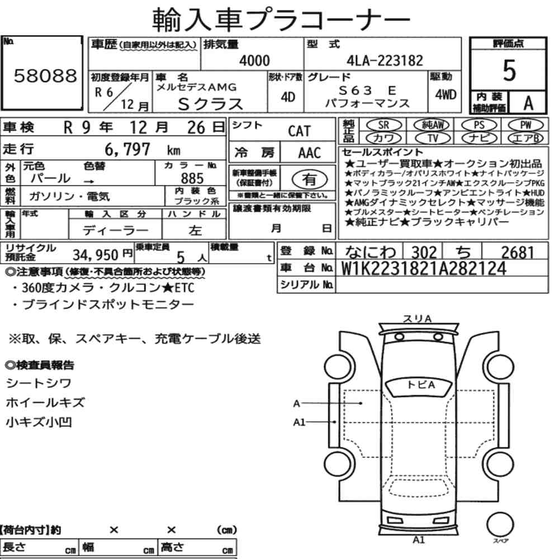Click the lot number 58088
tap(45, 75)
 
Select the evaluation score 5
tap(509, 70)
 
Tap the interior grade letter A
tap(528, 103)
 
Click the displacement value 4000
tap(254, 60)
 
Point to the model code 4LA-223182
tap(385, 60)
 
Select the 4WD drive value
tap(446, 94)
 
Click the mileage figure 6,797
tap(127, 149)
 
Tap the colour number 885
tap(192, 178)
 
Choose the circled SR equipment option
tap(384, 125)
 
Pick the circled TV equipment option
tap(433, 138)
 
